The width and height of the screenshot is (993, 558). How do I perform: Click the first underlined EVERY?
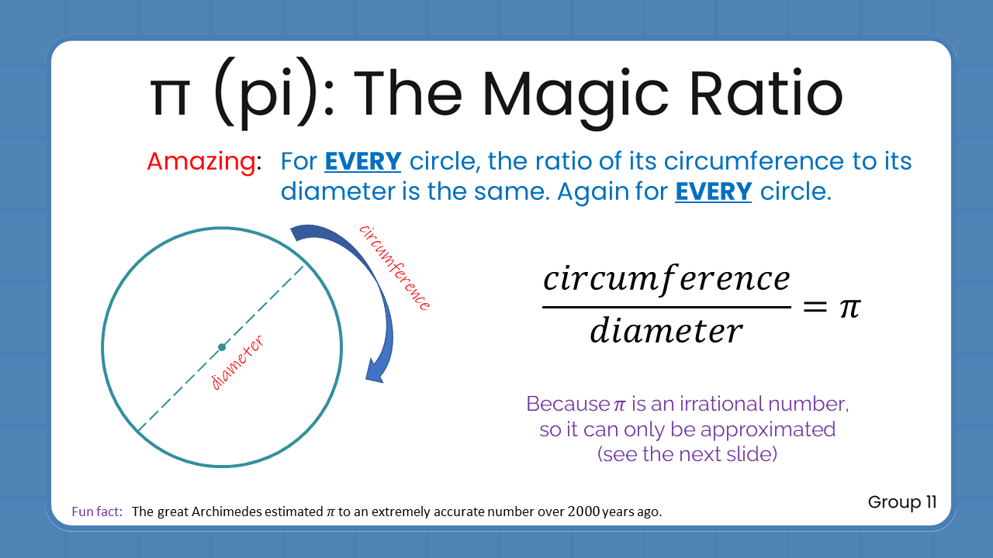pos(362,161)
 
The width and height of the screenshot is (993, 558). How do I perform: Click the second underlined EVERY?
pos(713,191)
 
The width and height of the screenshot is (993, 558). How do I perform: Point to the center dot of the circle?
pos(222,346)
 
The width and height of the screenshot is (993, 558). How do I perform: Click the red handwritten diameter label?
pos(237,363)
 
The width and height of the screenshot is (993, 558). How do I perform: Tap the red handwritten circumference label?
pos(394,267)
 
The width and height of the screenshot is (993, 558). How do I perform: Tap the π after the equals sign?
pos(849,308)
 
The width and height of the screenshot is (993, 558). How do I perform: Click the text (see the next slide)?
pos(687,453)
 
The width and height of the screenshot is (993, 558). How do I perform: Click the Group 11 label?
pos(902,502)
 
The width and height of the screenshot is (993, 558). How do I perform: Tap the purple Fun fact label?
pos(97,511)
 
